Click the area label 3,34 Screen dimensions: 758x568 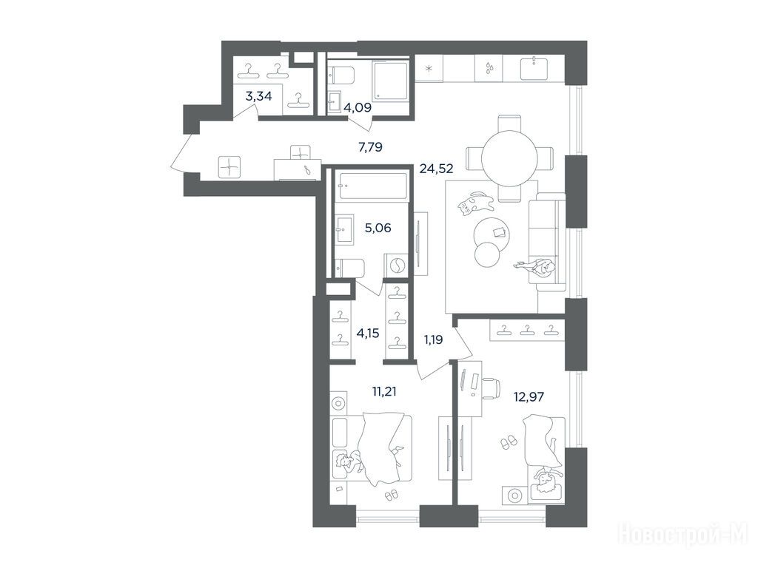258,96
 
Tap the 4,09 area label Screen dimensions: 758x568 358,108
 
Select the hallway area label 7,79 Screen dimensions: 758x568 370,147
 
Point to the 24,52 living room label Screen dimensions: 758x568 436,169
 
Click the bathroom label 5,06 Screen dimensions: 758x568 378,228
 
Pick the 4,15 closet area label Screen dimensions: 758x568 367,333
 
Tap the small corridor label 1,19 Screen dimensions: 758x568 433,339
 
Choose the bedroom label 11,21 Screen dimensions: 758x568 384,391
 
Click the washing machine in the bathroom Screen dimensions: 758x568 397,266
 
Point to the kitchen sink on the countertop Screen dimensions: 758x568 533,68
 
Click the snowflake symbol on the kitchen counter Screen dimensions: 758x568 429,68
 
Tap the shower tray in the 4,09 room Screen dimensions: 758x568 391,81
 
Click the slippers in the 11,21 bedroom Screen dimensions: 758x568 391,495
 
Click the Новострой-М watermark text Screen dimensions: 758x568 683,534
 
